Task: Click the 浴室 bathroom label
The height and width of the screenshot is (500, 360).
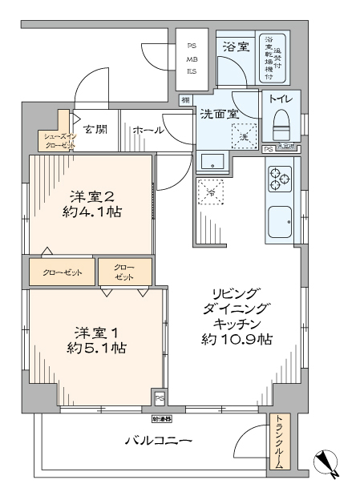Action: (236, 46)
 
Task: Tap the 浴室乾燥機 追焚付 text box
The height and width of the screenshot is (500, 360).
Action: (275, 57)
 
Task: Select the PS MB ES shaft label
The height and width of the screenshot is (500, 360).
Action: (192, 58)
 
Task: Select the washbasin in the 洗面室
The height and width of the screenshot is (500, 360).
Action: (213, 160)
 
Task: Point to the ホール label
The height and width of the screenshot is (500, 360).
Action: (148, 130)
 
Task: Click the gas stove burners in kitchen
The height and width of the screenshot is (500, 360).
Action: (280, 178)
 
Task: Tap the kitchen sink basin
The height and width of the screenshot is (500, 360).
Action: (280, 220)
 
